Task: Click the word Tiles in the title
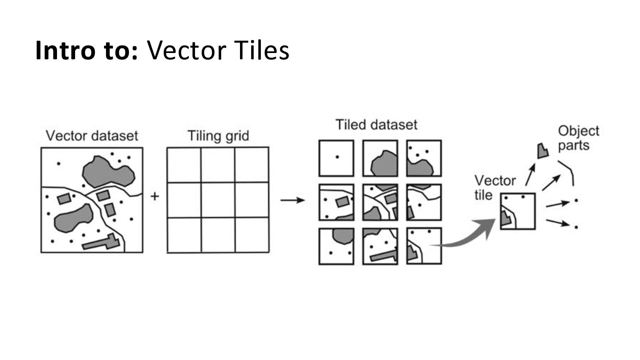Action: tap(261, 51)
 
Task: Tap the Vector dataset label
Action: tap(92, 136)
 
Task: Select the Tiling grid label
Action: tap(218, 136)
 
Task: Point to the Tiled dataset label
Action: tap(376, 125)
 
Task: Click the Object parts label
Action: tap(578, 138)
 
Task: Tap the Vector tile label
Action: tap(495, 188)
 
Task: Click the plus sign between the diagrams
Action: tap(155, 196)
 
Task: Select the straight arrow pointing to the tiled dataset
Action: tap(292, 200)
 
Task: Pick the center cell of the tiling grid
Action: tap(218, 200)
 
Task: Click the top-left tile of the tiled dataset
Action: tap(336, 158)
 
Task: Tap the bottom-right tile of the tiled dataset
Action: tap(424, 246)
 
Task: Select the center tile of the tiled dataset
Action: tap(380, 202)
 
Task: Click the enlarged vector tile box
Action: tap(518, 211)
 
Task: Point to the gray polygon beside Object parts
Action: tap(542, 151)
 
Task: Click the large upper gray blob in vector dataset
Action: tap(108, 172)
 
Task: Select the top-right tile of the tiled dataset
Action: tap(424, 158)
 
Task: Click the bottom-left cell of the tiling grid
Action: tap(184, 235)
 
